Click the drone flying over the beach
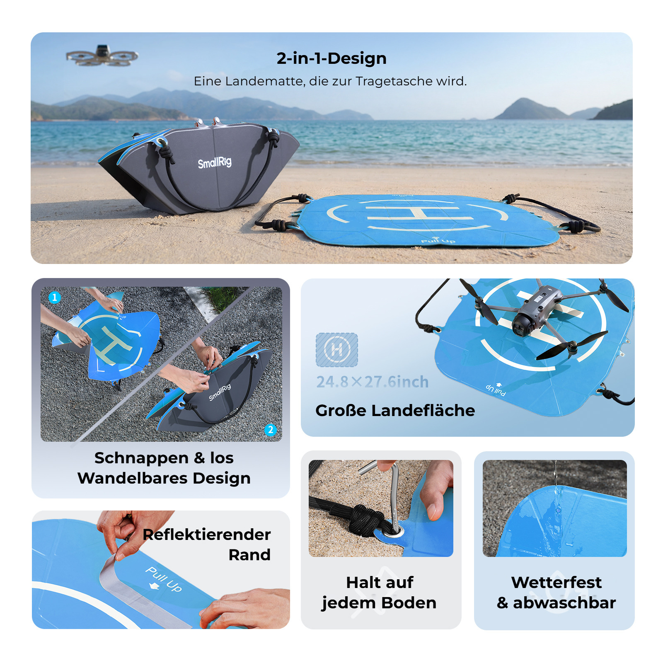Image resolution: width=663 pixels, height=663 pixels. [x=102, y=56]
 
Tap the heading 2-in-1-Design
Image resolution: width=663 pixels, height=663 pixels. [x=331, y=58]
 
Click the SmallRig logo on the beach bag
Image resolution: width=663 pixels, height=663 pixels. [x=214, y=162]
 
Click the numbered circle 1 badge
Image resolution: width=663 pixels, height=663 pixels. [x=55, y=298]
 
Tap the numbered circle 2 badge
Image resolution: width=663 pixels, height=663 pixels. [x=271, y=430]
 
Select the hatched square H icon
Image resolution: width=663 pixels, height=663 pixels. [x=337, y=350]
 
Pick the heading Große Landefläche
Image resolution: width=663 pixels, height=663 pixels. [x=395, y=411]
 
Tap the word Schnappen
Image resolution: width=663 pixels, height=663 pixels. [x=142, y=458]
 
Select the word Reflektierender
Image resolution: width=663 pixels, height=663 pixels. [x=207, y=535]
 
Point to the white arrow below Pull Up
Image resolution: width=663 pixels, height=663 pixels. [x=154, y=586]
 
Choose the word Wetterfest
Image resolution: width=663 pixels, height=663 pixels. [x=557, y=583]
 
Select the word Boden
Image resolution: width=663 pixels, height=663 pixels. [x=409, y=603]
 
